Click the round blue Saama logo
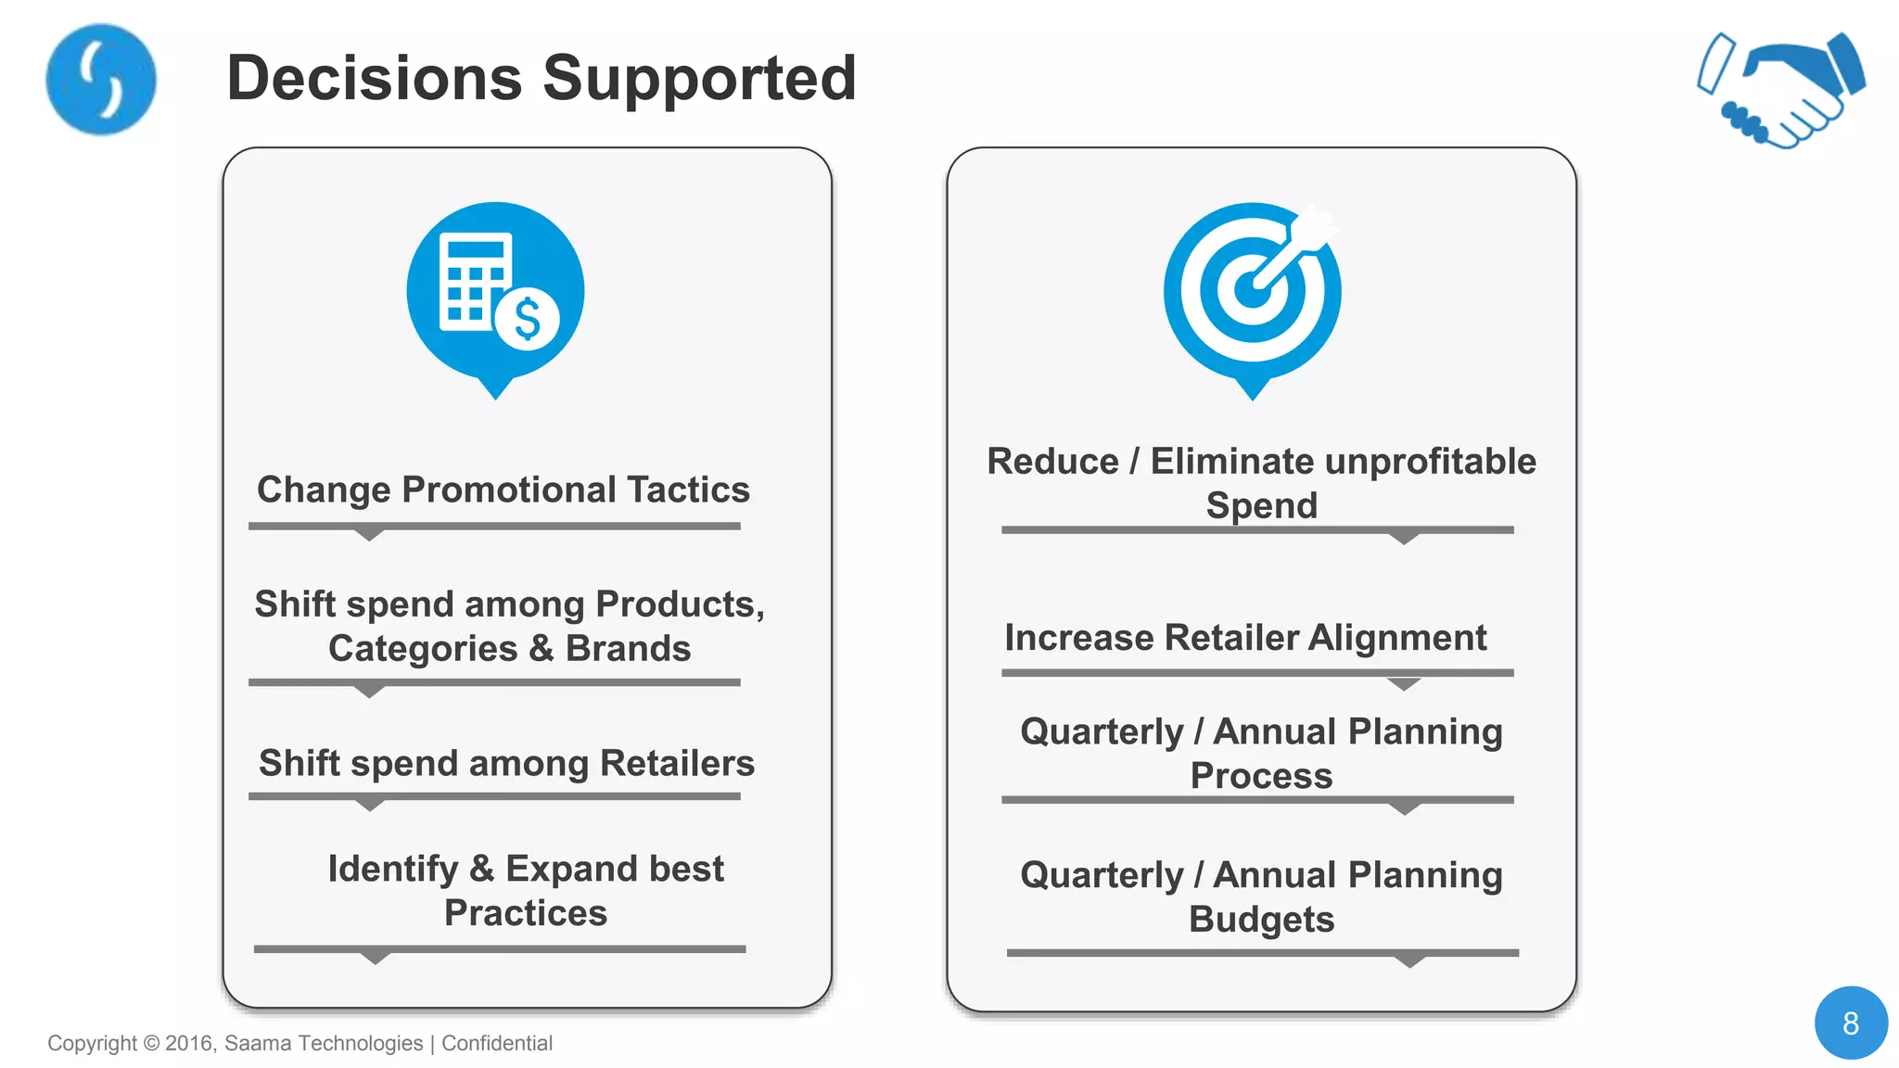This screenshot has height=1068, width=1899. pos(100,80)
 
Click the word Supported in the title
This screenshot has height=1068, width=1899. pos(699,78)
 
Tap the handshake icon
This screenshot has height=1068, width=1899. pos(1781,90)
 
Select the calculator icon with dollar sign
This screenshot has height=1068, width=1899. pos(495,291)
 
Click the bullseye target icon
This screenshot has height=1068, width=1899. pos(1252,291)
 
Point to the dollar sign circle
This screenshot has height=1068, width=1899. pos(527,320)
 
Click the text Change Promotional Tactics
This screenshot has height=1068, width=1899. pos(503,489)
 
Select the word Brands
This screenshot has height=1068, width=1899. pos(628,648)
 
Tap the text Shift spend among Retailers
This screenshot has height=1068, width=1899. pos(506,763)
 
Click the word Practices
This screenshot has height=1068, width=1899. pos(525,913)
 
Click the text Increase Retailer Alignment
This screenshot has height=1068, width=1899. pos(1244,638)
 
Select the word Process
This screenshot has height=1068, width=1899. pos(1261,776)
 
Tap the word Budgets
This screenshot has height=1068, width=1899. pos(1261,920)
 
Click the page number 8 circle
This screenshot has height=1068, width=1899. pos(1850,1023)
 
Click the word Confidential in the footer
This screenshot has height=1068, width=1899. pos(497,1043)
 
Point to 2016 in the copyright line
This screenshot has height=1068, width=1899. pos(189,1043)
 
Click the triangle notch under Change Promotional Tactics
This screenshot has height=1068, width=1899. pos(369,534)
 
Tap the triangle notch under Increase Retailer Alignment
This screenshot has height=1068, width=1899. pos(1404,683)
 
